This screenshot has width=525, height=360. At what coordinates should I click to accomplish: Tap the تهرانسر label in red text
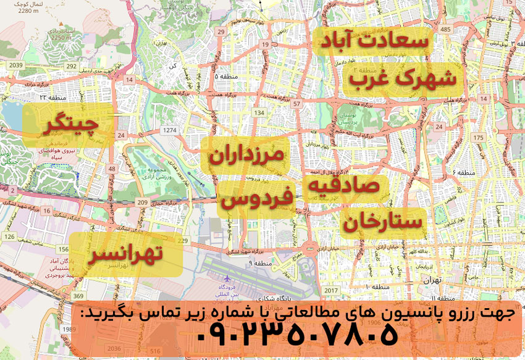(x=126, y=254)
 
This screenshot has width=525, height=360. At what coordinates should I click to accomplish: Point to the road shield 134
(x=260, y=113)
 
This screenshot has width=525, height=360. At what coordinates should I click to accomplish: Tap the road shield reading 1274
(x=170, y=130)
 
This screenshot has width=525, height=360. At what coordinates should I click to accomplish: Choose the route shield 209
(x=143, y=202)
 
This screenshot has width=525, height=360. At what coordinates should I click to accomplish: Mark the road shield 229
(x=182, y=241)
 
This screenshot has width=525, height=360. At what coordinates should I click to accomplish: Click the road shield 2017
(x=332, y=290)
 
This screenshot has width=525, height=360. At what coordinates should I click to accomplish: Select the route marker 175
(x=477, y=137)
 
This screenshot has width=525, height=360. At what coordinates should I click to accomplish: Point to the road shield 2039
(x=17, y=65)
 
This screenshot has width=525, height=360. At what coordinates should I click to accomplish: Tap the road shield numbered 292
(x=72, y=66)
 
